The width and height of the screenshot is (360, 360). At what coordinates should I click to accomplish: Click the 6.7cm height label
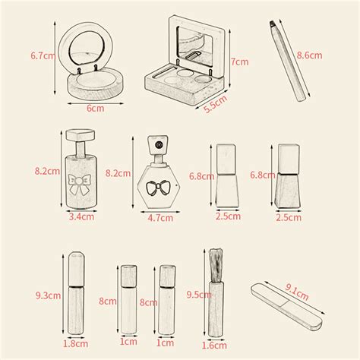pyautogui.click(x=43, y=55)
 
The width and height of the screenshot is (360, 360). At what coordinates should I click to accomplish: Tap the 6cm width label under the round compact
pyautogui.click(x=95, y=108)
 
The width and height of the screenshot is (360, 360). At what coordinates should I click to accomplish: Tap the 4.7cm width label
pyautogui.click(x=159, y=218)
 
